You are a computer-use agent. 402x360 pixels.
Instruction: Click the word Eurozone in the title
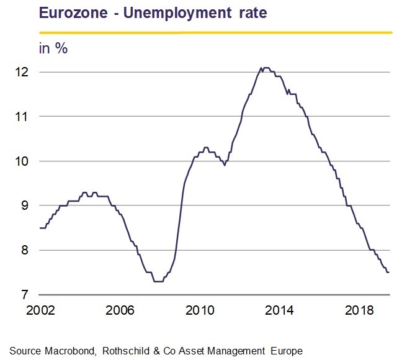click(73, 12)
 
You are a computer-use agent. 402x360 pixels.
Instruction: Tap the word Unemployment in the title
click(177, 13)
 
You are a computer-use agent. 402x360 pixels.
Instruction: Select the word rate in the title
click(253, 13)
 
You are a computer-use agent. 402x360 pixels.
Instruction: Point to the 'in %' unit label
click(53, 48)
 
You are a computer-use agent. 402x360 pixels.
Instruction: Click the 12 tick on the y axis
click(22, 72)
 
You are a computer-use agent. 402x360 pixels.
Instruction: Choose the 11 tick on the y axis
click(22, 117)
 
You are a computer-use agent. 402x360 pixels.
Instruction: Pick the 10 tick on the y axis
click(22, 161)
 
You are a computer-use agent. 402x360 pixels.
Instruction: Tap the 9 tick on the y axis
click(25, 205)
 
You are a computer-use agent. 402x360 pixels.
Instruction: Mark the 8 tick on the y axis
click(25, 250)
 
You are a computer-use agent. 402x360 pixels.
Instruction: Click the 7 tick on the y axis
click(25, 295)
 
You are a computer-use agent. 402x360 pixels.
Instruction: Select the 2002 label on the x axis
click(40, 310)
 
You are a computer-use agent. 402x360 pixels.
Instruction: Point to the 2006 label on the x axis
click(120, 310)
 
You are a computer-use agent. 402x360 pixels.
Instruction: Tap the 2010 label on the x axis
click(200, 310)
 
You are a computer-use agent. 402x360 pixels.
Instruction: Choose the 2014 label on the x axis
click(279, 310)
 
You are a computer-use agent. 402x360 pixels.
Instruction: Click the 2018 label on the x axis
click(359, 310)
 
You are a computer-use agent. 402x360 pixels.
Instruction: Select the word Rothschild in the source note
click(126, 351)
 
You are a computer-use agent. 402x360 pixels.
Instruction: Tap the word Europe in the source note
click(287, 351)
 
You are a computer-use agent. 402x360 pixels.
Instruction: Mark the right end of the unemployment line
click(389, 272)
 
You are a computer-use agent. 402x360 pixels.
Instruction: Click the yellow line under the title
click(216, 33)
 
